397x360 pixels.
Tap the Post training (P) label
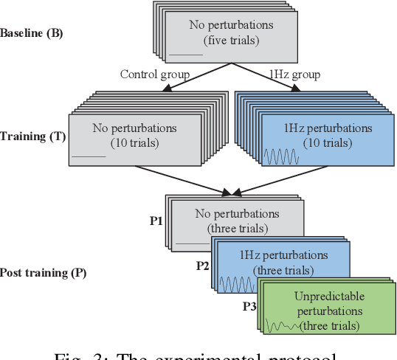[44, 273]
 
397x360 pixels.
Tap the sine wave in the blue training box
[281, 156]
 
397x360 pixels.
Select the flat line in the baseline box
[184, 54]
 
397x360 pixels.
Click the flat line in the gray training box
[89, 156]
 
